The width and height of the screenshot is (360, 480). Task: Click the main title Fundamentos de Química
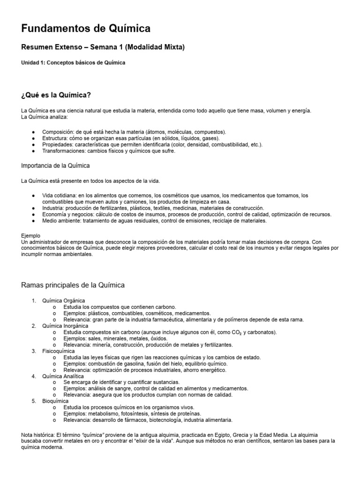[x=86, y=29]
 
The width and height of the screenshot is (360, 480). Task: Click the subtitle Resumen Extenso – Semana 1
[x=103, y=47]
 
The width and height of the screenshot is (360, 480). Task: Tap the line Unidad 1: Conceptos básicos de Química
[x=73, y=62]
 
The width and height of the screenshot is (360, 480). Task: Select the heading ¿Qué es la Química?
[x=56, y=95]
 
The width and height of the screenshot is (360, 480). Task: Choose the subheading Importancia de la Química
[x=56, y=165]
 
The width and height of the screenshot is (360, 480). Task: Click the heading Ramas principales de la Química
[x=73, y=285]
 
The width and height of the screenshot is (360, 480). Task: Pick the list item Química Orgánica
[x=64, y=300]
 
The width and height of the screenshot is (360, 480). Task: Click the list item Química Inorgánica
[x=65, y=325]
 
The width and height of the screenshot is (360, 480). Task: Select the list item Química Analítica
[x=63, y=376]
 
